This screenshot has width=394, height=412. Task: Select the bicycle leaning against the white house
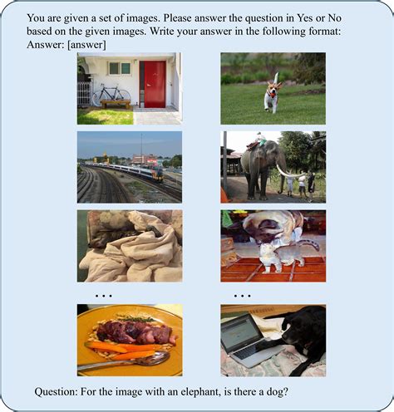[x=110, y=94]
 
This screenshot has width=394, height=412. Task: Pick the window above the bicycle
[x=120, y=68]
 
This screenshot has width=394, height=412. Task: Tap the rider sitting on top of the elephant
[x=260, y=140]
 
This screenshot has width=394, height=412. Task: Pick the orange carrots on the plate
[x=116, y=349]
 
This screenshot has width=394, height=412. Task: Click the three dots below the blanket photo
[x=104, y=296]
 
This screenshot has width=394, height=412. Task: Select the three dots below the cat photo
[x=243, y=296]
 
